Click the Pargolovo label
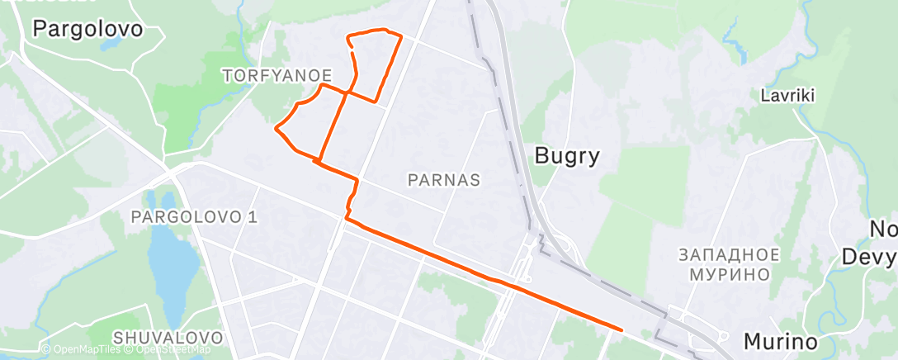point(87,29)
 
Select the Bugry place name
point(566,154)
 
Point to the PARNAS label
point(445,179)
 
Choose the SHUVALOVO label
point(168,338)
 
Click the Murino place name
point(781,341)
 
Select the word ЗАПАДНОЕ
point(727,253)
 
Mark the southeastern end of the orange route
point(621,329)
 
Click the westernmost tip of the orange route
point(275,128)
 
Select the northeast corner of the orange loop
point(400,36)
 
